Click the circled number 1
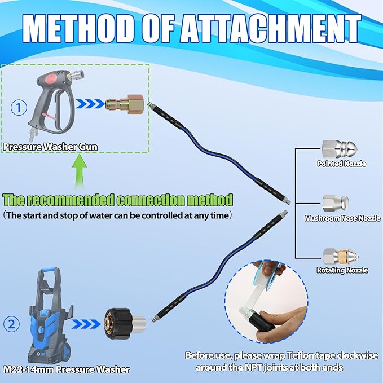coord(19,108)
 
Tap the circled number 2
coord(11,324)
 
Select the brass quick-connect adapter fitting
coord(124,104)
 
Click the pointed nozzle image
coord(339,149)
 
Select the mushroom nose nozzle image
coord(336,204)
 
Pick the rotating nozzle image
coord(340,257)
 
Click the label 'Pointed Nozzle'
coord(341,164)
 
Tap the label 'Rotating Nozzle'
coord(342,270)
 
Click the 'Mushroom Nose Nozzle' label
coord(342,218)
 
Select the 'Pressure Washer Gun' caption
coord(50,147)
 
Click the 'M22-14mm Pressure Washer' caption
coord(66,369)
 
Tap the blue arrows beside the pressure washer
coord(86,324)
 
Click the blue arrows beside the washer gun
coord(90,104)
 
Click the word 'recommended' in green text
coord(70,200)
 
